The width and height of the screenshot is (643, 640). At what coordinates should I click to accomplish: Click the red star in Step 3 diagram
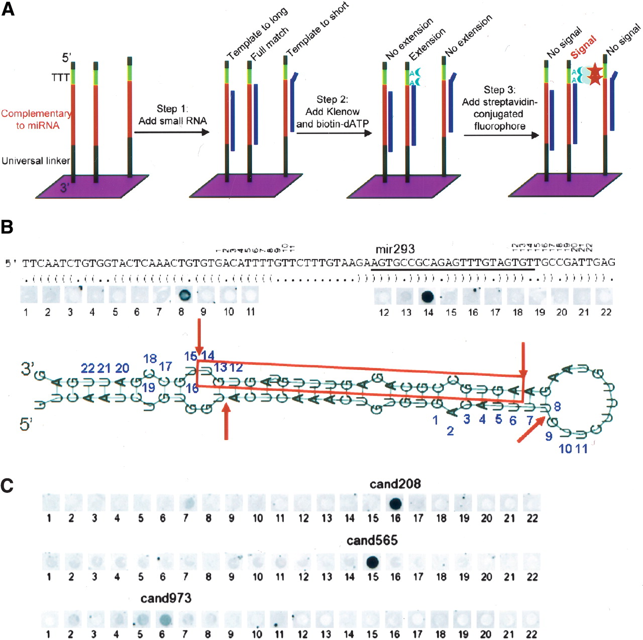coord(595,74)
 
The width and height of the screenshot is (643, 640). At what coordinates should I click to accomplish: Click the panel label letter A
coord(8,9)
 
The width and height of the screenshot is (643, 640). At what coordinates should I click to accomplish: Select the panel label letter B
coord(7,227)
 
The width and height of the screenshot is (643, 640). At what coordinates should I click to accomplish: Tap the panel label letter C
coord(7,485)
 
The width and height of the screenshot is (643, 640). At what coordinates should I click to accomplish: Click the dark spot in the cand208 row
coord(395,503)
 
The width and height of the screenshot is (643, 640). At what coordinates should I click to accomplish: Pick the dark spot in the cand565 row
coord(372,562)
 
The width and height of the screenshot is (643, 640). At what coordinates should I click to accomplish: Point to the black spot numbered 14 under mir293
coord(427,296)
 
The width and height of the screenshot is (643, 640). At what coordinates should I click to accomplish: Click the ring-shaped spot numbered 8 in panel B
coord(184,295)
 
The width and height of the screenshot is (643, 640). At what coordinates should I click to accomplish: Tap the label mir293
coord(395,249)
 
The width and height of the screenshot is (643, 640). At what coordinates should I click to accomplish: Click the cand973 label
coord(166,598)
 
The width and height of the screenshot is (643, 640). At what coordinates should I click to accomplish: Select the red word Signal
coord(584,47)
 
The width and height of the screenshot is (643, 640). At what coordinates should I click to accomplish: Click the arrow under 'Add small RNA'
coord(172,133)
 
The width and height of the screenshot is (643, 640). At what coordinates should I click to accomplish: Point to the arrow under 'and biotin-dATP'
coord(334,134)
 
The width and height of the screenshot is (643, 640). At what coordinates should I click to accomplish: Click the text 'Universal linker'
coord(36,161)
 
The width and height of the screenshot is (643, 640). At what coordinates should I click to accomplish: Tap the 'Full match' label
coord(270,44)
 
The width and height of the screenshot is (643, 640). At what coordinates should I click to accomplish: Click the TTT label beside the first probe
coord(60,78)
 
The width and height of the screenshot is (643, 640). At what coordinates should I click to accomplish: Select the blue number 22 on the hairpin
coord(88,368)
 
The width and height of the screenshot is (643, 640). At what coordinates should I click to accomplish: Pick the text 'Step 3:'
coord(499,90)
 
